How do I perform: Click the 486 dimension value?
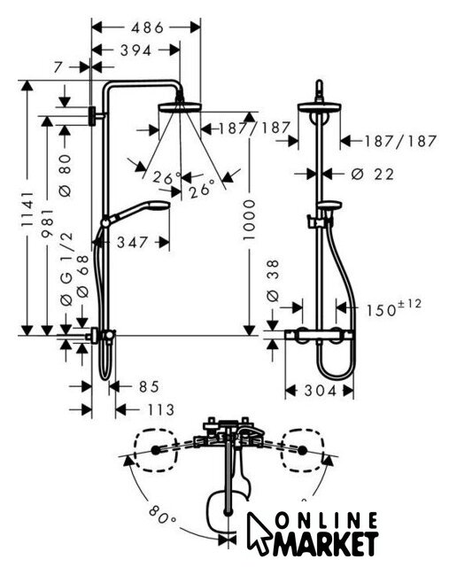[x=147, y=27]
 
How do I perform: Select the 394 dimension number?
[x=136, y=50]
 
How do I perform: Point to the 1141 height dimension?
[x=27, y=209]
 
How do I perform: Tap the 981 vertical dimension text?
[x=47, y=222]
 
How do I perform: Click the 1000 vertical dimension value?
[x=249, y=220]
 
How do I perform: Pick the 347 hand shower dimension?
[x=132, y=242]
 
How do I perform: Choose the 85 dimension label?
[x=149, y=386]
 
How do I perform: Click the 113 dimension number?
[x=160, y=410]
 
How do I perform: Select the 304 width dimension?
[x=320, y=391]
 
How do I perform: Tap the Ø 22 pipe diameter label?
[x=372, y=175]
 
